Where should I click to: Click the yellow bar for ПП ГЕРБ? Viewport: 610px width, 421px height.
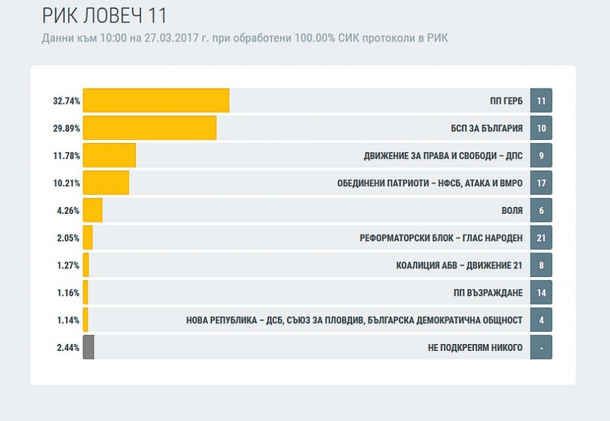pos(156,100)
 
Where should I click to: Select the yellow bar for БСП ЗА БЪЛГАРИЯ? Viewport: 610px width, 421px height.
pos(150,128)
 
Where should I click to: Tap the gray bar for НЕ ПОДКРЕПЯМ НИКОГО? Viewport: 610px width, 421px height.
pos(89,347)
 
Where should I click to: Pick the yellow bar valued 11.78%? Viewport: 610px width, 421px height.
pos(110,155)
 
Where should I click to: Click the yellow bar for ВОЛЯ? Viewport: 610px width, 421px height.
pos(92,210)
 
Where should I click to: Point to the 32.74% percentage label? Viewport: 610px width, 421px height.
pos(66,101)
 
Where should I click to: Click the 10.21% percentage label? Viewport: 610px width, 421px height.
pos(66,183)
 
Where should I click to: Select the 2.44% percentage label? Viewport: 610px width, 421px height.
pos(68,348)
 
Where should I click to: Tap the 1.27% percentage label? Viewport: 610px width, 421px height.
pos(68,265)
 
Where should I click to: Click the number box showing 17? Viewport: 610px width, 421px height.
pos(541,182)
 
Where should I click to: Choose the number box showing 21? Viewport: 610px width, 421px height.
pos(541,237)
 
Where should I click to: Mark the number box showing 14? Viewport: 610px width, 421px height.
pos(541,292)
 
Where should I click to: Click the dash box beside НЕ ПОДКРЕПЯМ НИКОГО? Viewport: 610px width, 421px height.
pos(541,347)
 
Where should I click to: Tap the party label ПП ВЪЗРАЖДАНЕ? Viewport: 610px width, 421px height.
pos(488,293)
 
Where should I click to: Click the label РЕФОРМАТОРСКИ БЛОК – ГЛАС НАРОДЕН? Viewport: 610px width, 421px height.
pos(441,238)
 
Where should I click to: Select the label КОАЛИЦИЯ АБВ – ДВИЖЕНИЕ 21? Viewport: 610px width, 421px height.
pos(459,265)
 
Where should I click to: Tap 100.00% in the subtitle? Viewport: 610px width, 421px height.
pos(315,38)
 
